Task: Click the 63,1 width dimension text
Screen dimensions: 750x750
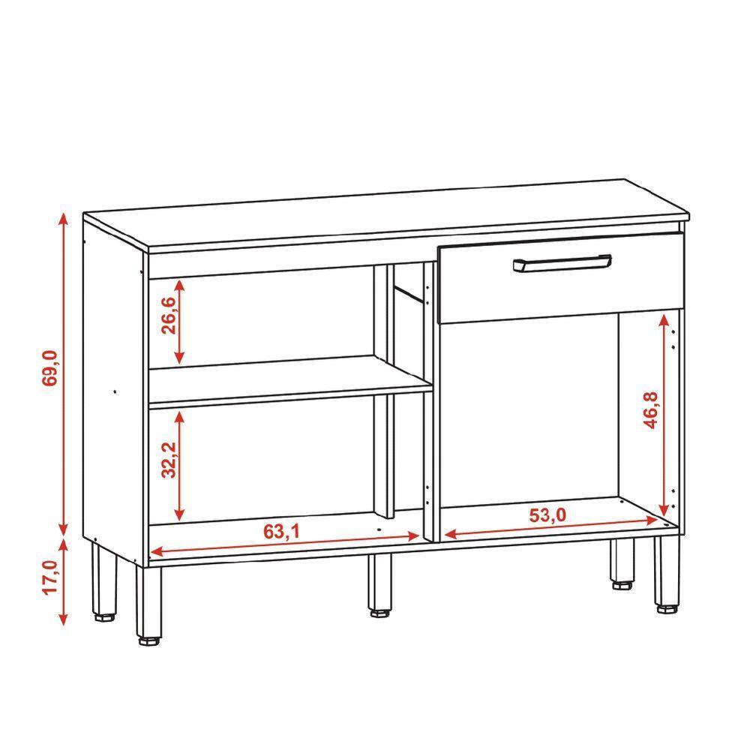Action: tap(281, 532)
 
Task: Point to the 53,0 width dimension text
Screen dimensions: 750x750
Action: tap(549, 515)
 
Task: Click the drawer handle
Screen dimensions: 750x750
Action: tap(562, 263)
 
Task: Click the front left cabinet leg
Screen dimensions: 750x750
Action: tap(148, 604)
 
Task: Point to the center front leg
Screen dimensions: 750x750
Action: tap(380, 583)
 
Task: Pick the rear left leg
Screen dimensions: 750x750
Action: tap(103, 582)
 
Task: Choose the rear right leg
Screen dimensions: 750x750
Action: tap(621, 562)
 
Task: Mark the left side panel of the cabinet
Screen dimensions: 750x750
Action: tap(112, 390)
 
